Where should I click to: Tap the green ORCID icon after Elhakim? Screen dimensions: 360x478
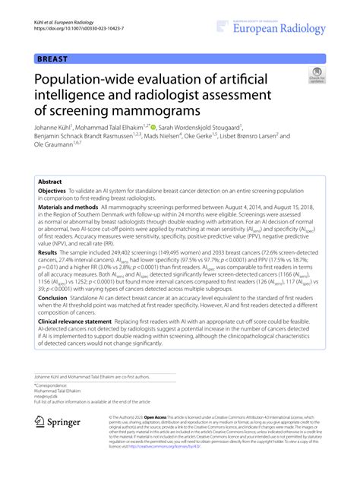(x=152, y=127)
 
